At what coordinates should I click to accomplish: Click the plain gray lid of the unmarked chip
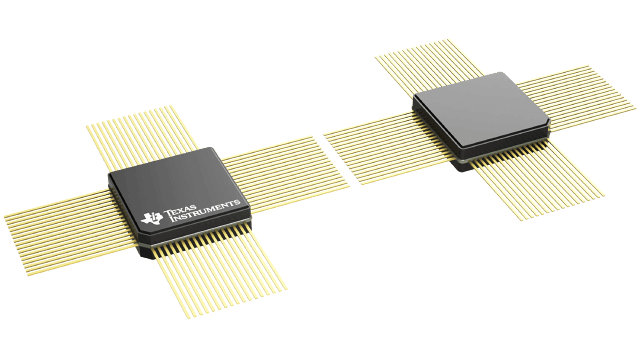(x=481, y=112)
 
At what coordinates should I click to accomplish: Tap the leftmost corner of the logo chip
(x=109, y=185)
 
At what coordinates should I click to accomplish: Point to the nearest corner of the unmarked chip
(x=462, y=158)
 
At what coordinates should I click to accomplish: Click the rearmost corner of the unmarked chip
(x=500, y=72)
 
